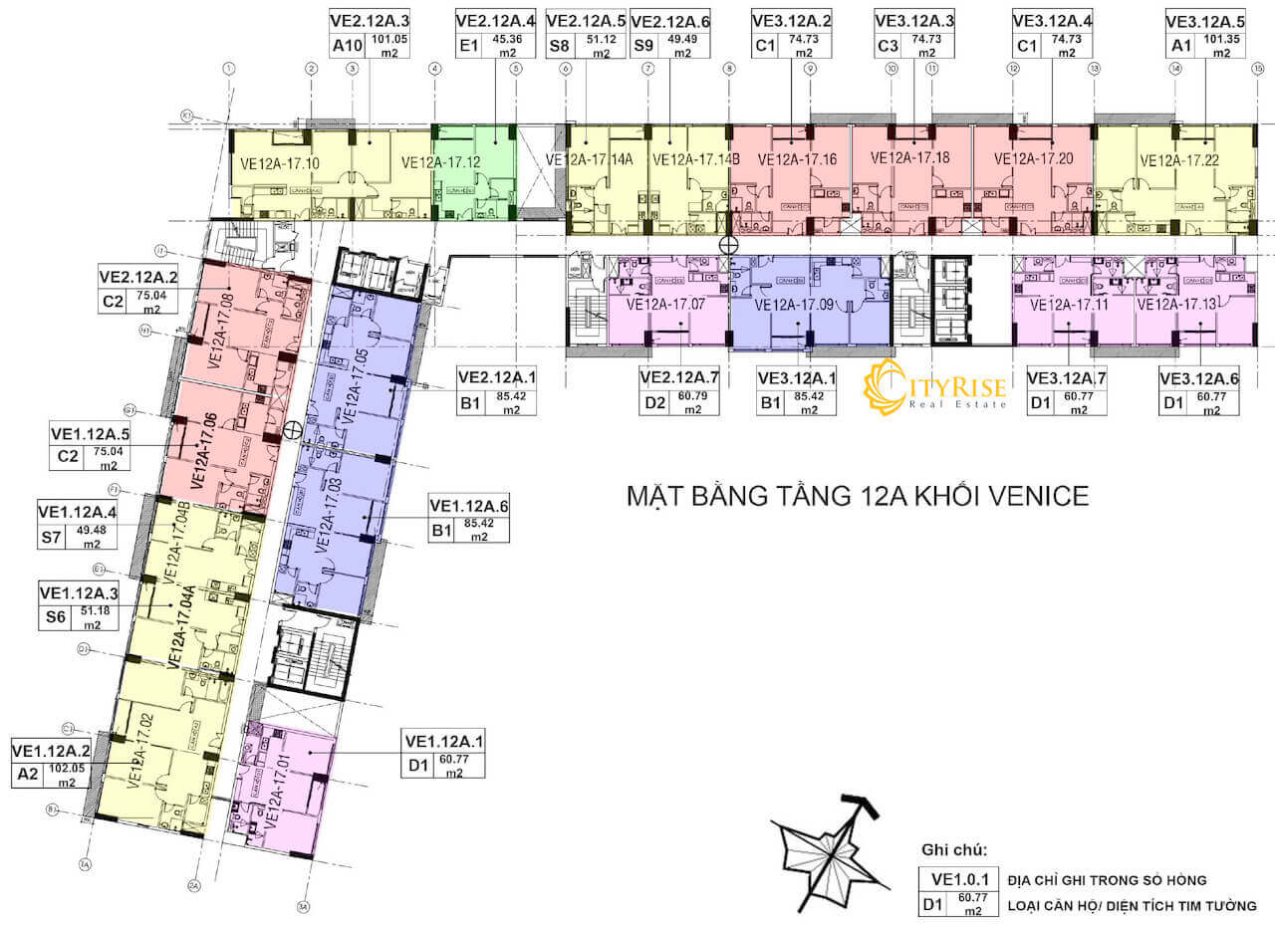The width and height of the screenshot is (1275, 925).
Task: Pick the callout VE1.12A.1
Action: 444,741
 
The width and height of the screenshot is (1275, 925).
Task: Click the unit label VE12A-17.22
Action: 1178,160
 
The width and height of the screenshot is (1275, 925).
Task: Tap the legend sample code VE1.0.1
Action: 956,880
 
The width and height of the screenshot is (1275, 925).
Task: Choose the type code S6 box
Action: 55,617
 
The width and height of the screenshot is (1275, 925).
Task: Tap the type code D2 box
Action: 654,403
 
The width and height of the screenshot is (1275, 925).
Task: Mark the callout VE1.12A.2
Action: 52,751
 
